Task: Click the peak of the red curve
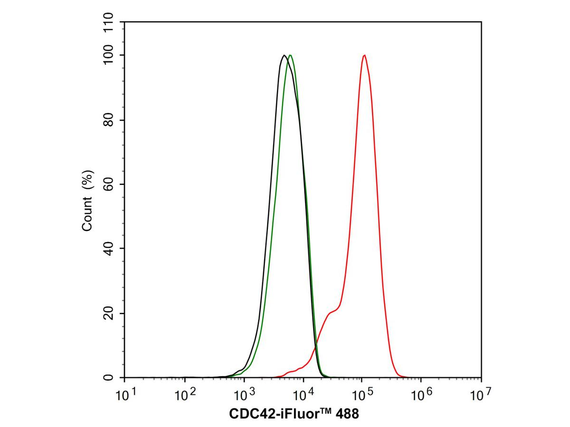(x=364, y=56)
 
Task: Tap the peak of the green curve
(x=290, y=56)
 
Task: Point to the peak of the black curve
(x=284, y=56)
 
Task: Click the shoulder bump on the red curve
(x=332, y=311)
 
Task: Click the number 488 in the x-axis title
(x=348, y=414)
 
